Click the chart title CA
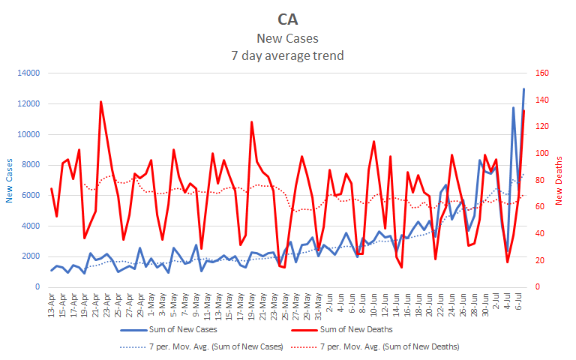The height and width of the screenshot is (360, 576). pyautogui.click(x=287, y=18)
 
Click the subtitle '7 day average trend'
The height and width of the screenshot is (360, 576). pyautogui.click(x=287, y=55)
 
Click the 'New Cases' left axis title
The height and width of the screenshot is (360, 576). pyautogui.click(x=10, y=180)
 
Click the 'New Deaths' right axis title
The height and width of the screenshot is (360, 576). pyautogui.click(x=559, y=180)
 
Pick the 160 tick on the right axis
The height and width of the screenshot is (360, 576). pyautogui.click(x=540, y=73)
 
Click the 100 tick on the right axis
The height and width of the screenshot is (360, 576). pyautogui.click(x=540, y=154)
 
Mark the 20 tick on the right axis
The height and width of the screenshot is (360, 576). pyautogui.click(x=538, y=260)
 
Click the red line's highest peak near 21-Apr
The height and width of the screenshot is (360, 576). pyautogui.click(x=101, y=102)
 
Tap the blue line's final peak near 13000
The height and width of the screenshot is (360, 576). pyautogui.click(x=523, y=89)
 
